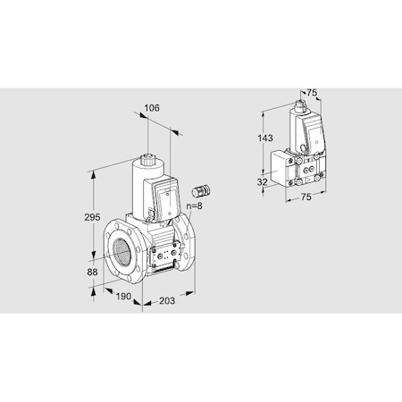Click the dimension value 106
point(152,108)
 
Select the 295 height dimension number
point(92,217)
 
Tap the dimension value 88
point(92,272)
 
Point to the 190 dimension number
point(123,297)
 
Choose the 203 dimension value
point(167,301)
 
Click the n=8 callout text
point(194,205)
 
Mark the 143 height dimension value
point(265,138)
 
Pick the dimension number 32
point(262,181)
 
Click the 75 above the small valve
point(312,93)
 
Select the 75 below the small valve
point(306,197)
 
